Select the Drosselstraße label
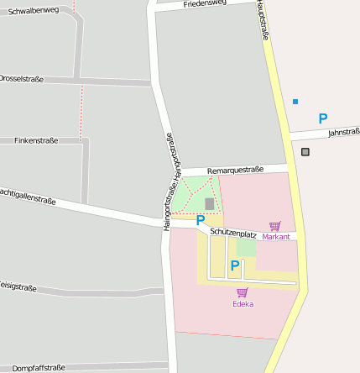pyautogui.click(x=21, y=78)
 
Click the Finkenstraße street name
pyautogui.click(x=36, y=141)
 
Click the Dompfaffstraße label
pyautogui.click(x=39, y=367)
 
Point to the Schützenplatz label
pyautogui.click(x=233, y=234)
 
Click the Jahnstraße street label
pyautogui.click(x=344, y=132)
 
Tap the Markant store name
pyautogui.click(x=275, y=237)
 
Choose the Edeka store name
pyautogui.click(x=243, y=304)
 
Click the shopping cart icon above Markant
pyautogui.click(x=275, y=226)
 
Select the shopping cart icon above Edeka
pyautogui.click(x=243, y=292)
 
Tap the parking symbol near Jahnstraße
pyautogui.click(x=323, y=119)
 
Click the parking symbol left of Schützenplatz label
pyautogui.click(x=201, y=221)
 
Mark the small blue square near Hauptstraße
pyautogui.click(x=295, y=102)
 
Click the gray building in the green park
pyautogui.click(x=209, y=203)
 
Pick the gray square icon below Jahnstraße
pyautogui.click(x=305, y=152)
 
